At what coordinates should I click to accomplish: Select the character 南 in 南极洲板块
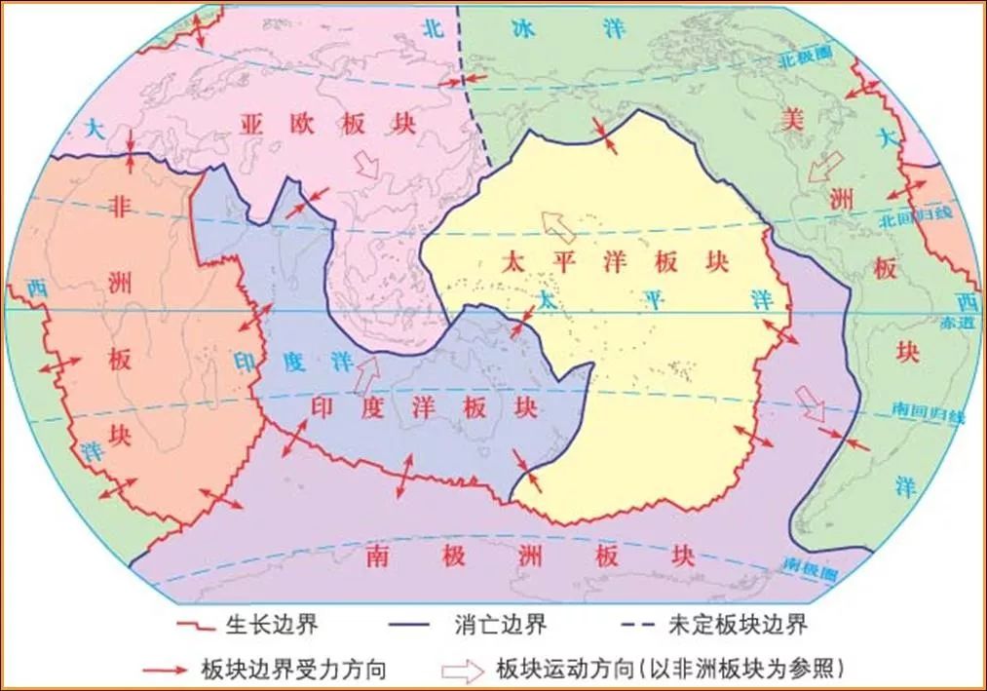point(379,557)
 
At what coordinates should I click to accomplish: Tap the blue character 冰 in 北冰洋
point(524,28)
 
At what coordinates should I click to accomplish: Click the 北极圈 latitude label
point(803,60)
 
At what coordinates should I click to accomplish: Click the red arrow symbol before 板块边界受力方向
point(168,670)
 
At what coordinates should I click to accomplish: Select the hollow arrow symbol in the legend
point(463,670)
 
